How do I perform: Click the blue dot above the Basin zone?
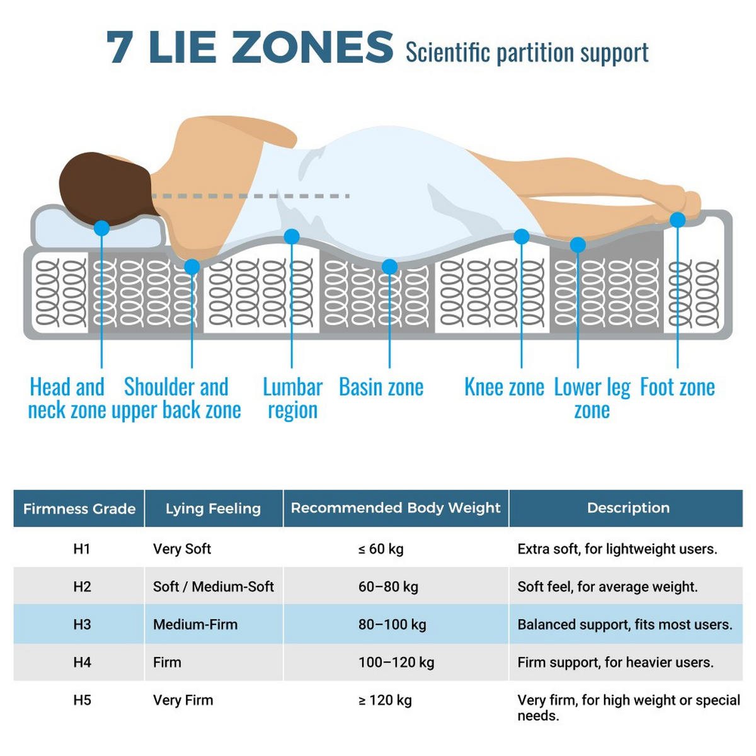point(389,266)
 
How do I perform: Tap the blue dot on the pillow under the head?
point(101,228)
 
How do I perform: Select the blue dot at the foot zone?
point(677,220)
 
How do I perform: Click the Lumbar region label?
point(293,398)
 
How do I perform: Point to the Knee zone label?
point(504,387)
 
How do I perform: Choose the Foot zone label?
point(677,387)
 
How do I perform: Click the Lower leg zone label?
point(592,398)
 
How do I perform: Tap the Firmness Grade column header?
point(79,509)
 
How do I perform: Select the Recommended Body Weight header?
point(396,508)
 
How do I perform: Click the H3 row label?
point(82,624)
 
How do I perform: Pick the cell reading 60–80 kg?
point(388,587)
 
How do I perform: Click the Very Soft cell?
point(182,549)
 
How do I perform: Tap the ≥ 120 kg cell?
point(385,700)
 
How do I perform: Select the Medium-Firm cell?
point(195,624)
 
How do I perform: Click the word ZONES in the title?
point(312,47)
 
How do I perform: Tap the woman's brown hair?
point(105,188)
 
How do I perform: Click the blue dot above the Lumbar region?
point(292,237)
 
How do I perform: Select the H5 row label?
point(82,700)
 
